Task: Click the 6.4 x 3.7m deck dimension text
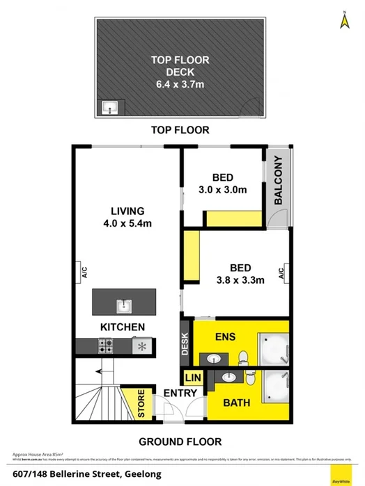coord(180,85)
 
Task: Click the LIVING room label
coord(127,211)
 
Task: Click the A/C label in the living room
coord(83,272)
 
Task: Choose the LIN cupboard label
coord(192,378)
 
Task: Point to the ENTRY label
coord(177,394)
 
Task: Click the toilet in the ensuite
coord(242,357)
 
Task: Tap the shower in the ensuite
coord(272,348)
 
